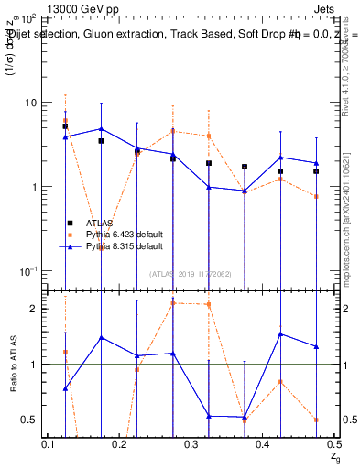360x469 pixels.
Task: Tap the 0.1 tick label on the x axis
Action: (49, 444)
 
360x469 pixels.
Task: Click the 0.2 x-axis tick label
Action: (120, 444)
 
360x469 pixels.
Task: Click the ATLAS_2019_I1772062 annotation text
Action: (191, 274)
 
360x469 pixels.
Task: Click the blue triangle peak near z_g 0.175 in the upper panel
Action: (101, 129)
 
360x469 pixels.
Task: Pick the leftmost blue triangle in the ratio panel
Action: (65, 388)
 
